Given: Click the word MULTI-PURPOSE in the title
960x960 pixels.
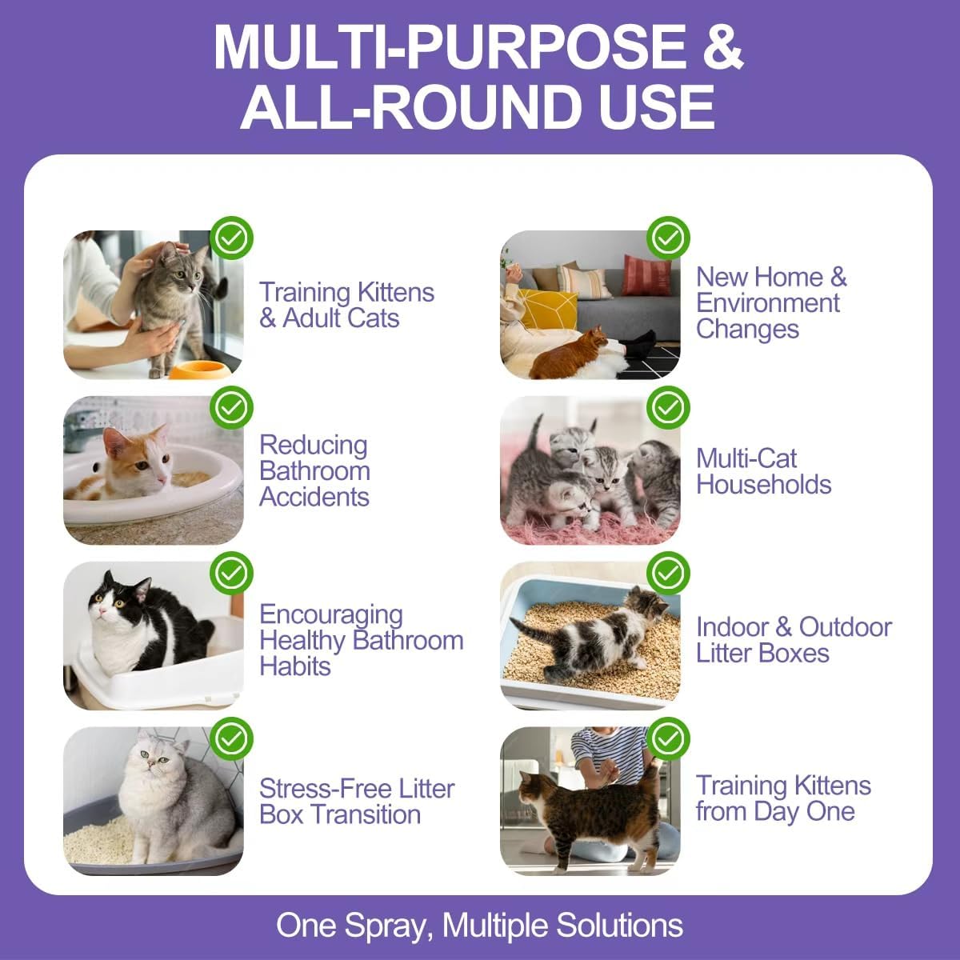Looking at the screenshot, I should point(449,47).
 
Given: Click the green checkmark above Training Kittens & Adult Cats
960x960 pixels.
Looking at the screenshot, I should point(231,238).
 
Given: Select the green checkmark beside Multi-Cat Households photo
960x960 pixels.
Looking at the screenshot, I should point(668,407).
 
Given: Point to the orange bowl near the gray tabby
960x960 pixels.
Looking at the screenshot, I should point(196,370).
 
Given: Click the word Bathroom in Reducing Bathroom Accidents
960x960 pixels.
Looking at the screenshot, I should point(314,470).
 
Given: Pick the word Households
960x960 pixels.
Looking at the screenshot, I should point(763,484).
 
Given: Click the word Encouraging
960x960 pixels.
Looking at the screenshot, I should point(330,614).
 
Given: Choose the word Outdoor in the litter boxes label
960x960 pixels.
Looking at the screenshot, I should point(845,626).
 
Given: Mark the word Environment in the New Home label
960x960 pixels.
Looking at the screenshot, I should point(767,303).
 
